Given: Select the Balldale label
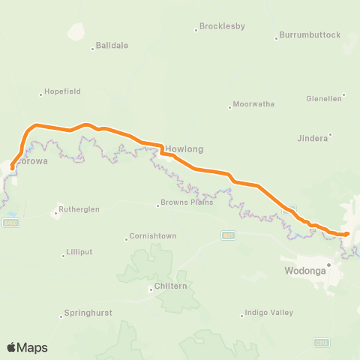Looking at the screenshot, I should coord(112,45).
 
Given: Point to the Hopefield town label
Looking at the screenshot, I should coord(62,91).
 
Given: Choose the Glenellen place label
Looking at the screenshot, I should coord(324,98).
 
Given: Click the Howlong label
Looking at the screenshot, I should coord(184,148).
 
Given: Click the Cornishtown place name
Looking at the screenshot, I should coord(153,236).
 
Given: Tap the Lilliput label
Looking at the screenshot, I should coord(79,253).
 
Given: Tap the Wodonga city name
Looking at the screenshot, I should coord(304,270).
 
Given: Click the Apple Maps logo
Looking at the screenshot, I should coord(26,347).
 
